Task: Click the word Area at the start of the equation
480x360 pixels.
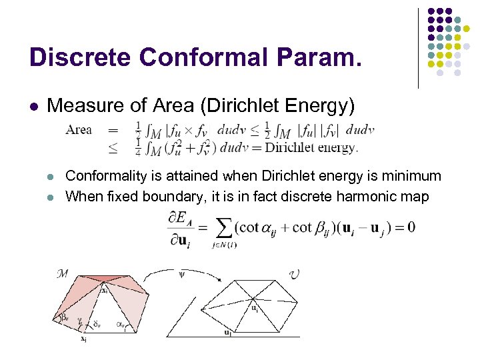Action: coord(79,130)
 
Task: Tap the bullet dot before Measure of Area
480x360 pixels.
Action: coord(33,106)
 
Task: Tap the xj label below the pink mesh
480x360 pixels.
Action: coord(84,339)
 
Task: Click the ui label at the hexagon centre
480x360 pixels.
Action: coord(255,308)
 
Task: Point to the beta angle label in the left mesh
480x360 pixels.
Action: coord(65,319)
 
